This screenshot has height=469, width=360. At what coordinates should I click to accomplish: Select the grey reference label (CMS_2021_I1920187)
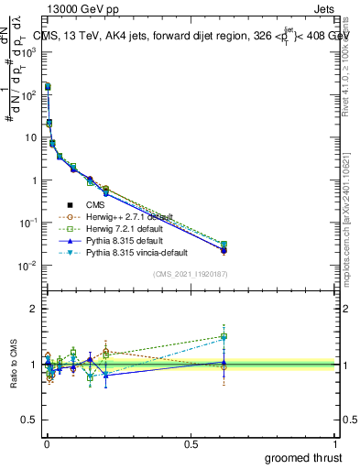point(191,274)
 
